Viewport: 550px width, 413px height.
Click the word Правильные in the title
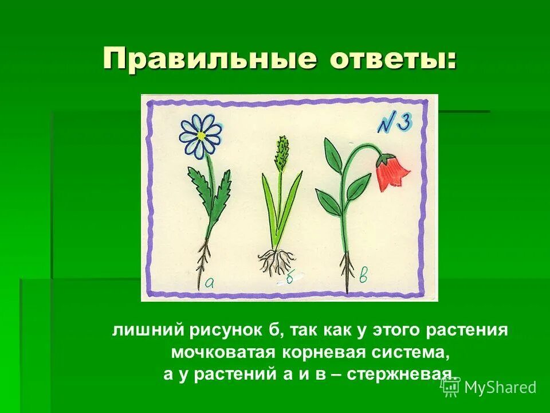click(209, 59)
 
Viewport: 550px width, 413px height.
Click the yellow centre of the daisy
click(201, 135)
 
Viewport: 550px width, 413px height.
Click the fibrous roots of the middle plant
click(276, 261)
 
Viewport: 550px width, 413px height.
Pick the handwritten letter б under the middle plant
click(290, 278)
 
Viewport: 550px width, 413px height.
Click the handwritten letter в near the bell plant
click(363, 276)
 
